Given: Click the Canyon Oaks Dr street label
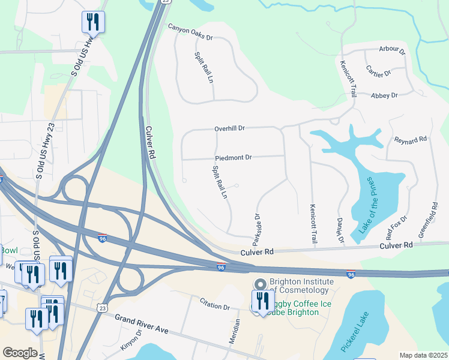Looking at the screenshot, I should point(190,32).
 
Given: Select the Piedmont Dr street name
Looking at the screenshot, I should point(234,157).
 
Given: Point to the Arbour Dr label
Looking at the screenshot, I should point(392,50).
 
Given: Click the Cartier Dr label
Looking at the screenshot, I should point(378,73).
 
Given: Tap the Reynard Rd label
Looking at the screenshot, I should point(410,140).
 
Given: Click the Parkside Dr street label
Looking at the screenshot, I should point(256,229).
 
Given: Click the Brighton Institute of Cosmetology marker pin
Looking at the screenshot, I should point(260,284).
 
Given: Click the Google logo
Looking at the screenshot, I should point(20,353).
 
